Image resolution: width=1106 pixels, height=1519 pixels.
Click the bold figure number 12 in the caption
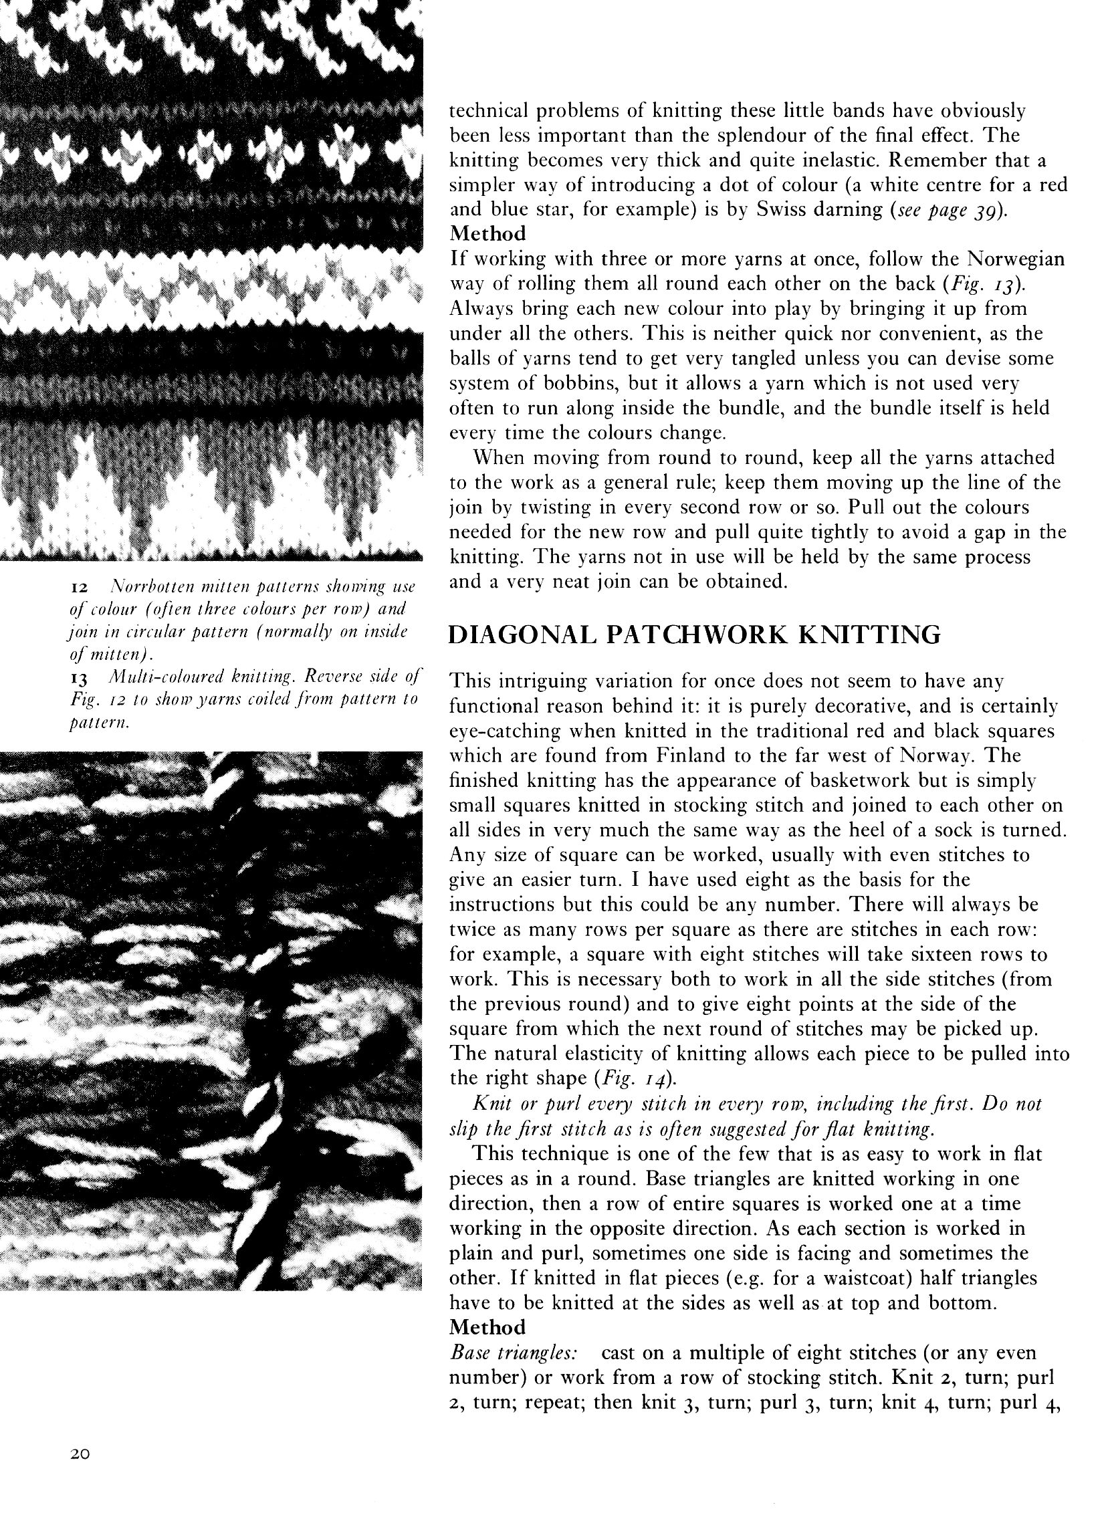click(x=80, y=588)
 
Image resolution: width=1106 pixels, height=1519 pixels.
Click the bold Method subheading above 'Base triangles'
click(x=487, y=1326)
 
